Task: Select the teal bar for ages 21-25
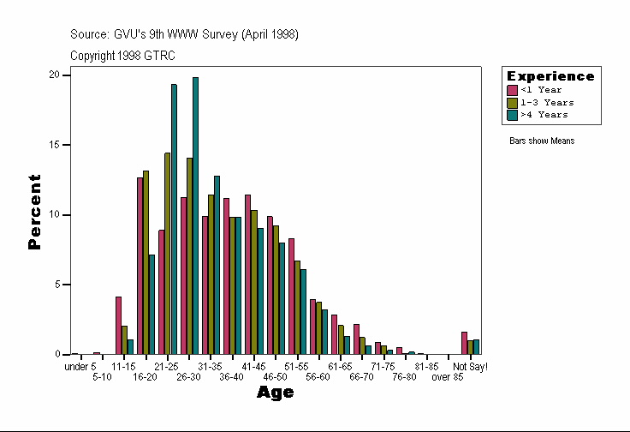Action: (174, 219)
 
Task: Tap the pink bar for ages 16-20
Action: (140, 266)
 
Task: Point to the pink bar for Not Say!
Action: (464, 343)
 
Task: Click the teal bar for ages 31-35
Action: (217, 265)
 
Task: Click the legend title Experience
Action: (550, 76)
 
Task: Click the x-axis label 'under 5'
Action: (80, 367)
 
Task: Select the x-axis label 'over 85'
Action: (448, 376)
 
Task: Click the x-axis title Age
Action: (276, 393)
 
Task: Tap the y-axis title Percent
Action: (35, 212)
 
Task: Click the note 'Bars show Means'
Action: (542, 141)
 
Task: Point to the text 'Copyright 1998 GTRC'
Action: (122, 55)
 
